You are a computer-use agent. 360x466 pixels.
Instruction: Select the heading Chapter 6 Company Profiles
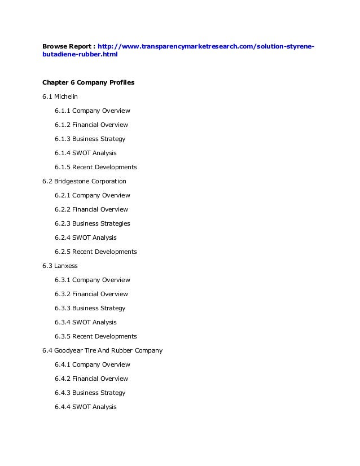click(x=88, y=82)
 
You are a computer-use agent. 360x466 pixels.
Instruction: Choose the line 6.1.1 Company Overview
click(x=92, y=111)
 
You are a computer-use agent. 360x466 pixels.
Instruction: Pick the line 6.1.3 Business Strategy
click(x=90, y=139)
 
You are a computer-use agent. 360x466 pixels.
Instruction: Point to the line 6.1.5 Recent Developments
click(x=95, y=167)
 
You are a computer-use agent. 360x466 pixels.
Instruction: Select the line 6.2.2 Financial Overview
click(x=91, y=209)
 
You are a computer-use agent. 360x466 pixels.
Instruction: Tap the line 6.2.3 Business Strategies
click(x=92, y=223)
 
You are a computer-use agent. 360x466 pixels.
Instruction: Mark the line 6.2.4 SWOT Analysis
click(x=85, y=238)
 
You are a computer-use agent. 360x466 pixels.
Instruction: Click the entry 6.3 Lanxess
click(x=59, y=266)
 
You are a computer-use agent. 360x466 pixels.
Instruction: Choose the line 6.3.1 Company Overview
click(x=92, y=280)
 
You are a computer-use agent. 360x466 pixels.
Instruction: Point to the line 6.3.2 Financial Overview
click(x=91, y=294)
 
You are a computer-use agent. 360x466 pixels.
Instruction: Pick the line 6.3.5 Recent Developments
click(x=95, y=336)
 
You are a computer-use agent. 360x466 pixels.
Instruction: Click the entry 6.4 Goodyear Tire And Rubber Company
click(x=102, y=350)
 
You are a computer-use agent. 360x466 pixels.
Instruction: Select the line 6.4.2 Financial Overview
click(x=91, y=379)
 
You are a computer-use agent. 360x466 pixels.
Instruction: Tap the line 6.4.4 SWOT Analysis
click(x=85, y=407)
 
